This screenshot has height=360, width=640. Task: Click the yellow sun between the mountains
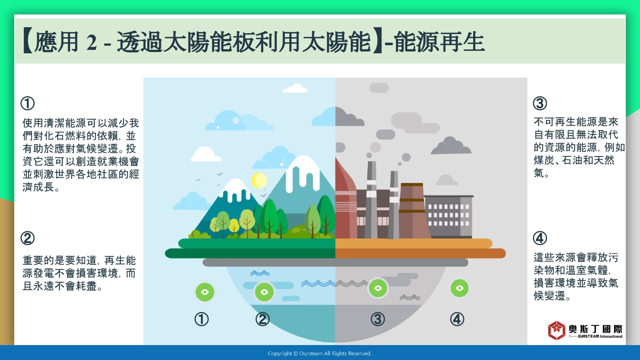[x=259, y=180]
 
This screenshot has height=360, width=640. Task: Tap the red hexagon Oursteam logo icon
[x=556, y=330]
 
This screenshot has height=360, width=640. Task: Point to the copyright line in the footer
[x=320, y=354]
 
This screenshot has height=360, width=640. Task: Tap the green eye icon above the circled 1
[x=205, y=292]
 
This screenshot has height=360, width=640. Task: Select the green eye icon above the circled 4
[x=460, y=288]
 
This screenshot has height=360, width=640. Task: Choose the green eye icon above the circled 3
[x=378, y=288]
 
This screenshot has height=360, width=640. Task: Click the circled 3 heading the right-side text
[x=540, y=103]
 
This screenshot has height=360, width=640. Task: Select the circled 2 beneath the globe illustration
[x=262, y=319]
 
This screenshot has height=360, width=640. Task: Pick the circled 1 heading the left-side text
[x=27, y=103]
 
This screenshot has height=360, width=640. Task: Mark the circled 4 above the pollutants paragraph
[x=540, y=238]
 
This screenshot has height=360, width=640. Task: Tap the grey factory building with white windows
[x=448, y=217]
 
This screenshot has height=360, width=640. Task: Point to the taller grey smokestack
[x=371, y=200]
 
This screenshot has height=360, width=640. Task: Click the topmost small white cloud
[x=295, y=88]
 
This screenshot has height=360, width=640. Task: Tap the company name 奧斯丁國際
[x=595, y=329]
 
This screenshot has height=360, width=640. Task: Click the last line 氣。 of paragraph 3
[x=541, y=173]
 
